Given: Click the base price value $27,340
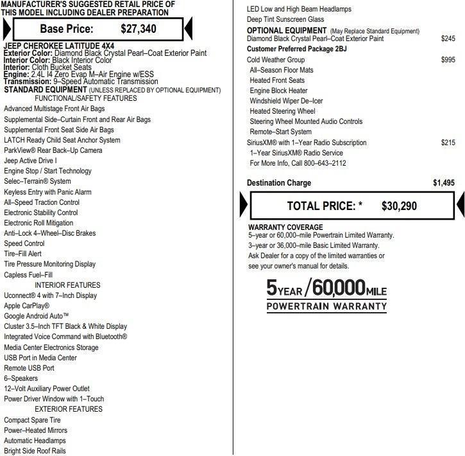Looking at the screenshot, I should pyautogui.click(x=139, y=29).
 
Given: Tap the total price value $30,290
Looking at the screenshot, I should pyautogui.click(x=399, y=206).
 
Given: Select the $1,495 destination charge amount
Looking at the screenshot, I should pyautogui.click(x=443, y=183).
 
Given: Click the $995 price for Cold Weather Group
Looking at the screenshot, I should pyautogui.click(x=448, y=60).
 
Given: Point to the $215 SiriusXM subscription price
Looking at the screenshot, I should pyautogui.click(x=448, y=143).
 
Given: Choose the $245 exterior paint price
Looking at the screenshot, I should pyautogui.click(x=448, y=39).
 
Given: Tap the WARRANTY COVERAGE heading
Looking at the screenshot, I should pyautogui.click(x=285, y=227).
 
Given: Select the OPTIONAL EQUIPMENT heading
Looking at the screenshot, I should pyautogui.click(x=287, y=31).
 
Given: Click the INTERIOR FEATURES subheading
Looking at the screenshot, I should pyautogui.click(x=67, y=285).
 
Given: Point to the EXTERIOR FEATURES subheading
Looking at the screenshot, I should pyautogui.click(x=68, y=409).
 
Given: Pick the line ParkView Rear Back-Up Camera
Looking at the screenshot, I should pyautogui.click(x=53, y=150).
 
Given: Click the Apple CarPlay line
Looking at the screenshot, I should pyautogui.click(x=26, y=306).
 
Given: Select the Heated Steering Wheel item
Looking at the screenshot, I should pyautogui.click(x=282, y=111).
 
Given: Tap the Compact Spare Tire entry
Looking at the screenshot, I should pyautogui.click(x=37, y=420).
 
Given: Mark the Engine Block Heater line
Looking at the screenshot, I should pyautogui.click(x=278, y=91).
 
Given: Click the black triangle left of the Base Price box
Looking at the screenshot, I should pyautogui.click(x=7, y=30).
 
